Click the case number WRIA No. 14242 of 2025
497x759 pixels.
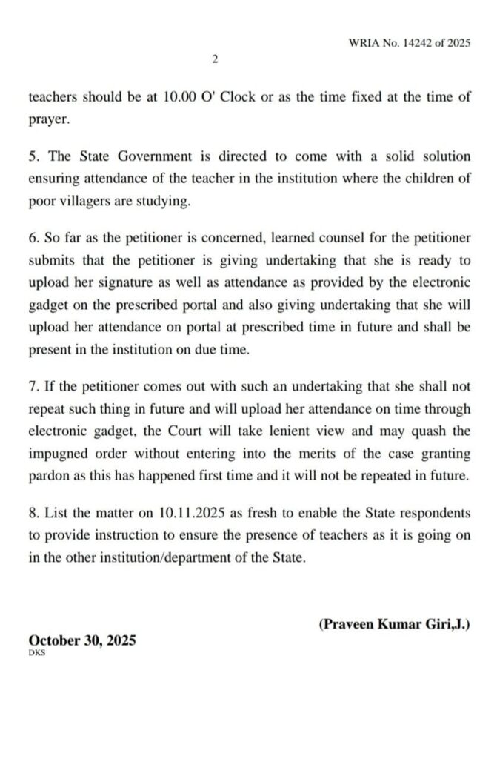(409, 43)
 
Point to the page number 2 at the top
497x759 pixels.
(214, 60)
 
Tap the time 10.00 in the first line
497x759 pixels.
(179, 98)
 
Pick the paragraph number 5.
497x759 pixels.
(33, 157)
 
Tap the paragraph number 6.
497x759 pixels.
(33, 238)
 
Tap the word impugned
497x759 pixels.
(61, 455)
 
